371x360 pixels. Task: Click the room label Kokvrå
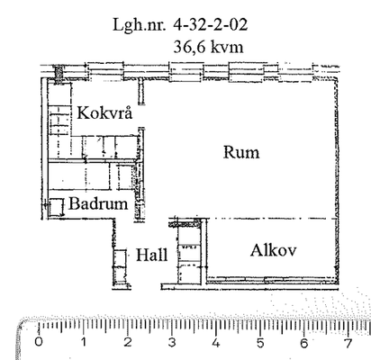[104, 112]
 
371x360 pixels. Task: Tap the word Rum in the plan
[241, 152]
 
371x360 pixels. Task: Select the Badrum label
[98, 203]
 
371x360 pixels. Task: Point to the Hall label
[151, 256]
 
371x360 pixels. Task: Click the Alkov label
[273, 250]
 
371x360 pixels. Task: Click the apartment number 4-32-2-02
[210, 24]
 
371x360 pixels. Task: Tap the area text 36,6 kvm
[208, 47]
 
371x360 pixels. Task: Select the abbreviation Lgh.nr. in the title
[139, 25]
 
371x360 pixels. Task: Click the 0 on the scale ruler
[39, 342]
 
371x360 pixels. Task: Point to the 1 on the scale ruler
[84, 342]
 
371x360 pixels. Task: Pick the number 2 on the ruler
[128, 342]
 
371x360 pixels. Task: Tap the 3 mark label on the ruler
[172, 342]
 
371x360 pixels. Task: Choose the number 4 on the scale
[216, 343]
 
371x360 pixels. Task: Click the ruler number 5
[260, 343]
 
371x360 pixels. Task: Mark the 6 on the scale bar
[303, 343]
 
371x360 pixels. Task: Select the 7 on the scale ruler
[348, 343]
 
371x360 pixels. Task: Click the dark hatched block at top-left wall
[59, 73]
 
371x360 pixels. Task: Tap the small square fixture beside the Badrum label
[57, 207]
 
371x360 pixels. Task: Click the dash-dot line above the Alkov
[270, 219]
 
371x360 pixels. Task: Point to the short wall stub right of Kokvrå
[141, 92]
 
